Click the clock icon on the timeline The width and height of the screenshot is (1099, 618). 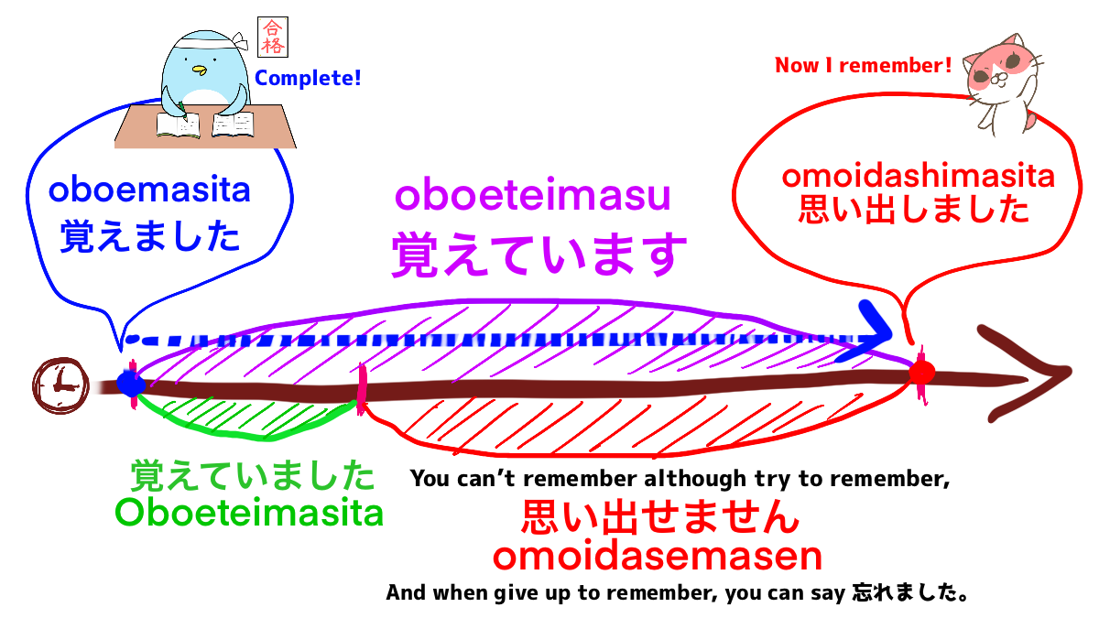[x=60, y=383]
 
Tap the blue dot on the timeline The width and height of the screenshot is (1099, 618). [x=131, y=384]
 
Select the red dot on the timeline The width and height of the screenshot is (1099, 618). [x=921, y=373]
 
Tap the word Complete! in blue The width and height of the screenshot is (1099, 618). [x=308, y=79]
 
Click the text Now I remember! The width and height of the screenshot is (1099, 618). [x=863, y=66]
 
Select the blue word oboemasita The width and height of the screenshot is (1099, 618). [x=149, y=191]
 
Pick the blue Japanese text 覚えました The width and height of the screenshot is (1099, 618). [x=150, y=236]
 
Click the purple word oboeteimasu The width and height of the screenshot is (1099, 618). [x=532, y=195]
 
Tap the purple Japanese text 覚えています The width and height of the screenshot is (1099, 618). [x=539, y=254]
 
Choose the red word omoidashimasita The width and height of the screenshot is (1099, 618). [x=918, y=176]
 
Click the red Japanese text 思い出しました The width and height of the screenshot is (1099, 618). [x=914, y=210]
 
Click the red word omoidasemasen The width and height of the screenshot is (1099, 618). [x=657, y=556]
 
